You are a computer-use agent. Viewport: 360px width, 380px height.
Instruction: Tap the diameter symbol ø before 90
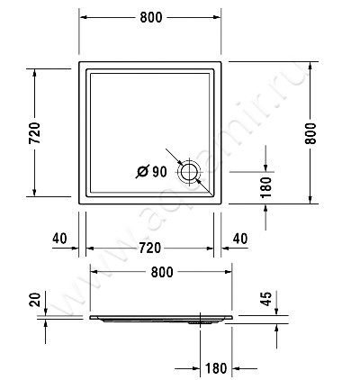(x=142, y=171)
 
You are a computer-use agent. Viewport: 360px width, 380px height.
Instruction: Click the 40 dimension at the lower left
(x=61, y=238)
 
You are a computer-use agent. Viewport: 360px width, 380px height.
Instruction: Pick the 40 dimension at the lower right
(x=239, y=238)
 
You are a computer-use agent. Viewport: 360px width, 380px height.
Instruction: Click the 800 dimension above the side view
(x=161, y=271)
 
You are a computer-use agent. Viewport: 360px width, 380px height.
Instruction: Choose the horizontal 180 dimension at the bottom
(x=215, y=367)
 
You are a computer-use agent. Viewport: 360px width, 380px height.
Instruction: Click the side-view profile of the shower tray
(x=160, y=318)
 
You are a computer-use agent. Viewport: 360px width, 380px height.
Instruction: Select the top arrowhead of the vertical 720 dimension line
(x=35, y=72)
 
